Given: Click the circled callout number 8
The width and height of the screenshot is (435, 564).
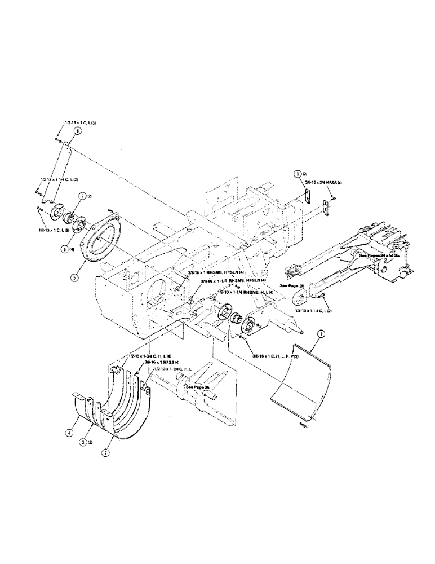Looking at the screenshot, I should click(x=77, y=130).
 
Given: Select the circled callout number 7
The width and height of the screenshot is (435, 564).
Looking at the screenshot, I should click(x=82, y=196).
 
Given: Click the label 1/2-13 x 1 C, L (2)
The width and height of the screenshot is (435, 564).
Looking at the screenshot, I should click(x=54, y=230).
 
